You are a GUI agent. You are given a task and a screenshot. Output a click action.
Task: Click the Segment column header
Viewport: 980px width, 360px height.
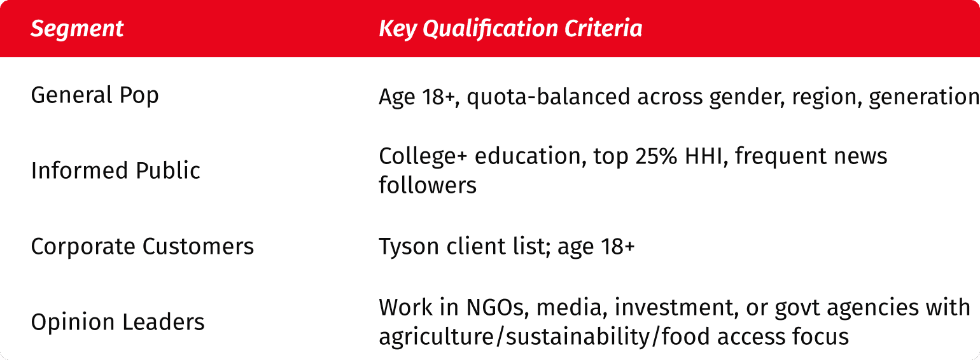pyautogui.click(x=77, y=29)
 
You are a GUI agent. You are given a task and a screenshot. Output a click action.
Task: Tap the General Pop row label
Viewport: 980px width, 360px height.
pyautogui.click(x=94, y=96)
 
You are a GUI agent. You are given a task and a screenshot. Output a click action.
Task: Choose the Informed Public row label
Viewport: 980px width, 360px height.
pyautogui.click(x=116, y=170)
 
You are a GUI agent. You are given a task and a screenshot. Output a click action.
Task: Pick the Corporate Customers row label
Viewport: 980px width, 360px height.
pyautogui.click(x=142, y=246)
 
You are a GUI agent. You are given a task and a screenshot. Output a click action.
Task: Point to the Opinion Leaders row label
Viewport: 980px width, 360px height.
pyautogui.click(x=117, y=322)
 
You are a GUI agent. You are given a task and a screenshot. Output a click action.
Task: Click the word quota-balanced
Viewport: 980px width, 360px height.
pyautogui.click(x=548, y=97)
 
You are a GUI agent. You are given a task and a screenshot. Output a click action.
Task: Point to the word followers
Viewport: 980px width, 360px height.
pyautogui.click(x=428, y=185)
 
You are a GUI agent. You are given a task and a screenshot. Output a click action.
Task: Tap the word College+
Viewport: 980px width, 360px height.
pyautogui.click(x=423, y=156)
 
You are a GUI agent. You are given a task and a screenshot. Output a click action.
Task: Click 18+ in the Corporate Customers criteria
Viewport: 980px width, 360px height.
pyautogui.click(x=618, y=246)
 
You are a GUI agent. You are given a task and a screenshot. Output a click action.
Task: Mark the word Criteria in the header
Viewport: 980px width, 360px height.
pyautogui.click(x=603, y=29)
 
